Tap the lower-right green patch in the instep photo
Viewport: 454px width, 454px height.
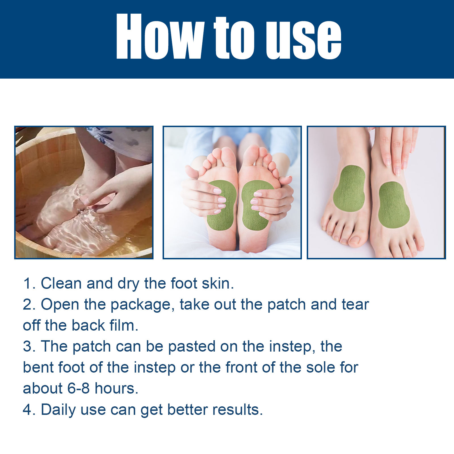[x=394, y=205]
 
